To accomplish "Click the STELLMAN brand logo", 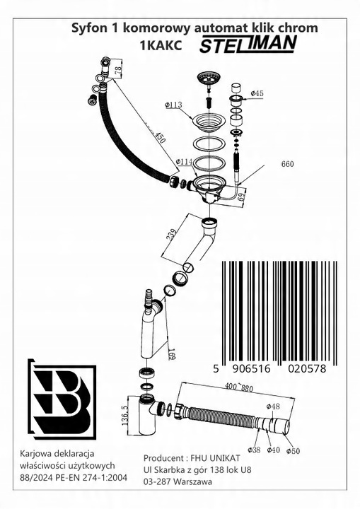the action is pos(248,44).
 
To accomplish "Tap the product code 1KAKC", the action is pos(161,46).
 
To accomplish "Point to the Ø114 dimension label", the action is pos(184,162).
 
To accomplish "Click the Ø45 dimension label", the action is pos(257,93).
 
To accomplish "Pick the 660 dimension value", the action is pos(287,164).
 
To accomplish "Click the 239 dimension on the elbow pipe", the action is pos(172,234).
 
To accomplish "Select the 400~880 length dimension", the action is pos(240,387).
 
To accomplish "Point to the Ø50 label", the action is pos(293,451).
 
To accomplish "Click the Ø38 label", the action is pos(254,450).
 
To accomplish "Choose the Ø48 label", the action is pos(273,406).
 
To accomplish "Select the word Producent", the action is pos(163,458).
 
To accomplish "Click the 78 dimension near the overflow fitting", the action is pos(118,69).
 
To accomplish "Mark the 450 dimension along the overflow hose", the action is pos(160,137).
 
